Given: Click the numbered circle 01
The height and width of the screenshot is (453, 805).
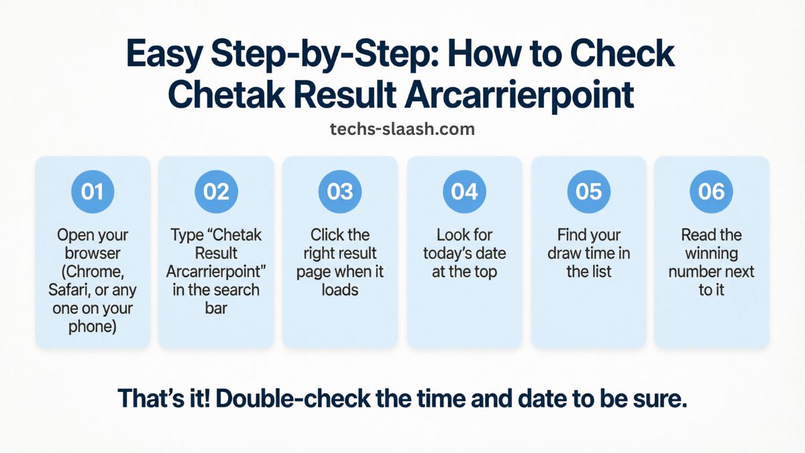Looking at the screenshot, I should point(92,191).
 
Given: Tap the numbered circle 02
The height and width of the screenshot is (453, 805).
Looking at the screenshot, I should point(216,191).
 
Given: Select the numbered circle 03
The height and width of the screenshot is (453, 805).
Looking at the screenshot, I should point(340,191).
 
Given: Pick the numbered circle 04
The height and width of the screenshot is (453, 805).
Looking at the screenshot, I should point(464,191).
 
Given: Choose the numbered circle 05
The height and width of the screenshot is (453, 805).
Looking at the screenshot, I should point(588,191).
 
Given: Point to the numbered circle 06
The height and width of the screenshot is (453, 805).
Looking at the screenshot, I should point(711,191).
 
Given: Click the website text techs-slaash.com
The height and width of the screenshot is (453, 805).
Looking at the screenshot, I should point(402,129).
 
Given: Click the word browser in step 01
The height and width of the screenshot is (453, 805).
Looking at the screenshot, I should point(93,254).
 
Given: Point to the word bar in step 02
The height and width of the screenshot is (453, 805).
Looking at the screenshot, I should point(216,309).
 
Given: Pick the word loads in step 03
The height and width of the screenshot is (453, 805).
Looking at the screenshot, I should point(340,291).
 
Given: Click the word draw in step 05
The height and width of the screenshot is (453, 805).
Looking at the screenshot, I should point(563,254).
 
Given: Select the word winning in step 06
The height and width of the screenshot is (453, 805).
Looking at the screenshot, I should point(711,254).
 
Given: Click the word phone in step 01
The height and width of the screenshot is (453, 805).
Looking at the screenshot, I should point(93,327).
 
